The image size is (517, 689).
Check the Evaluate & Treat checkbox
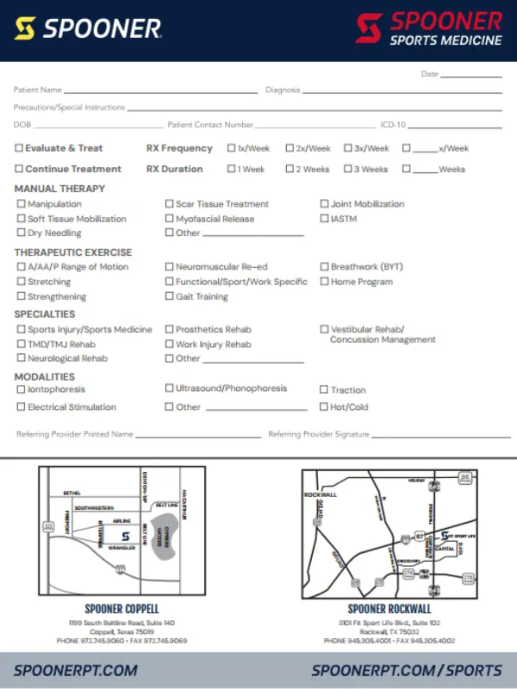[x=19, y=148]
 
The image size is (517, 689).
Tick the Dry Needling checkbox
[x=22, y=233]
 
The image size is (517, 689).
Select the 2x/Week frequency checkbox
[x=290, y=148]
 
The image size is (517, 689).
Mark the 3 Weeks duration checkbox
[x=348, y=169]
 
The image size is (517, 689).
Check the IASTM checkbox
[x=324, y=219]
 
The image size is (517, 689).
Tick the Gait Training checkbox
[x=169, y=296]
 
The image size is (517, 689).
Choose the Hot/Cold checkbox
[x=324, y=407]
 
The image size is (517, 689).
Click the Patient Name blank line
[x=160, y=90]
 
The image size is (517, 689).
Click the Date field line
[x=471, y=75]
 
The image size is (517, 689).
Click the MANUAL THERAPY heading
[x=59, y=189]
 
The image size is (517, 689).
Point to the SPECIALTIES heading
[x=45, y=314]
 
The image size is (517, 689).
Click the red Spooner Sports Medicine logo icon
[x=369, y=28]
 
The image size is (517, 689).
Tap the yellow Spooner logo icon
[x=25, y=29]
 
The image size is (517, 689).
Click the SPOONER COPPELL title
[x=121, y=609]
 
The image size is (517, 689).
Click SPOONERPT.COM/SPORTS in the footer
[x=407, y=670]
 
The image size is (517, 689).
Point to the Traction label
[x=348, y=390]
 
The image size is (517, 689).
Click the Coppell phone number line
[x=121, y=641]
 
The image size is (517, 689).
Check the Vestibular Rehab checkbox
[x=324, y=329]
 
